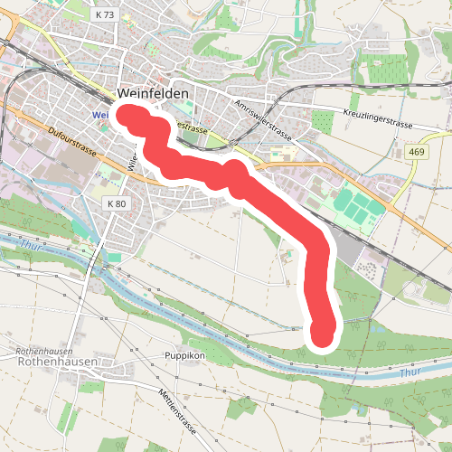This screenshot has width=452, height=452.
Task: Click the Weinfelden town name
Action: [153, 94]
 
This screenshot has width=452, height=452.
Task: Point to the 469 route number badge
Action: [416, 151]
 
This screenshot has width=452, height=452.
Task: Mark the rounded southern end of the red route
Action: [323, 336]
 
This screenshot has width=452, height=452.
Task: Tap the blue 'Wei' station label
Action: [100, 115]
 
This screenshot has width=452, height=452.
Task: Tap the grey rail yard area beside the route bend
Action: [348, 240]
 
